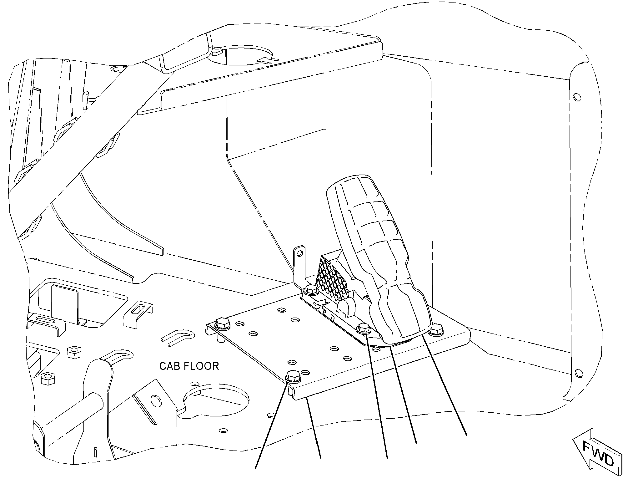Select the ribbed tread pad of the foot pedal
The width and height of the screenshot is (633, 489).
click(375, 257)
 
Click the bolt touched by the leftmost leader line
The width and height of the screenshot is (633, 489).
click(293, 376)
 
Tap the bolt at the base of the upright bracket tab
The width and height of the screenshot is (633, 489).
click(311, 290)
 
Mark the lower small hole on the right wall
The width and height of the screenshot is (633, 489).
click(578, 373)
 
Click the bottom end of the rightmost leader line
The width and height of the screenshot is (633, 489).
click(467, 435)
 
